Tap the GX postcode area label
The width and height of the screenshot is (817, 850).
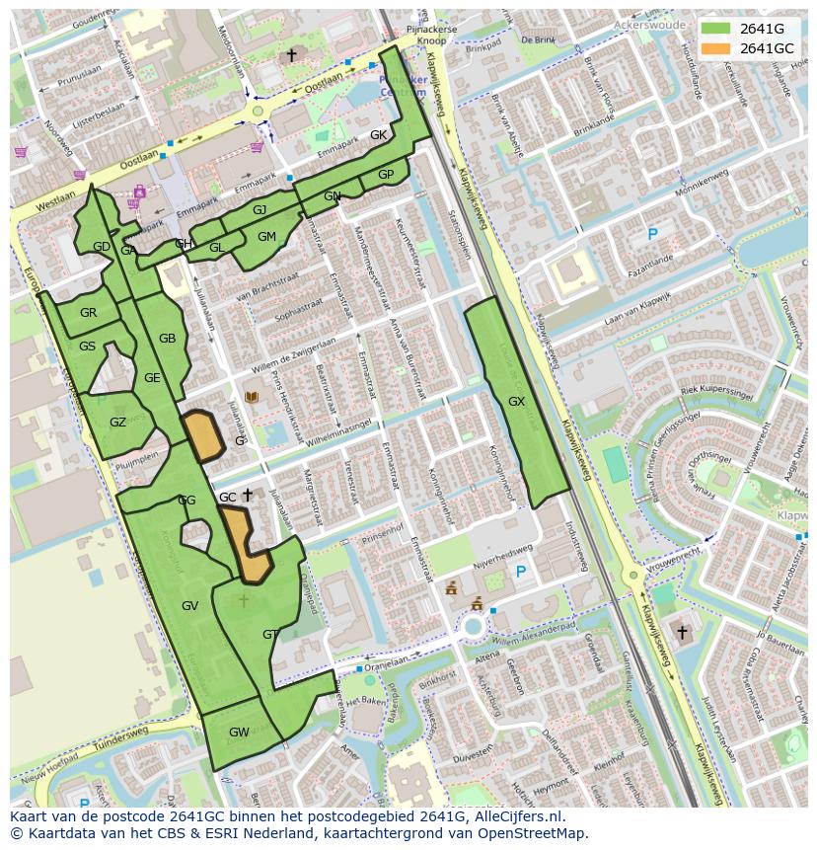point(516,402)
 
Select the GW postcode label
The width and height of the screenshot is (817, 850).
point(239,732)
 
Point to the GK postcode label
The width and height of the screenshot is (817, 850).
point(378,135)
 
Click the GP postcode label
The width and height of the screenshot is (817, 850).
point(386,175)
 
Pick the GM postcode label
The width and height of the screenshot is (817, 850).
point(266,237)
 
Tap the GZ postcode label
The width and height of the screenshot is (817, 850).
point(117,423)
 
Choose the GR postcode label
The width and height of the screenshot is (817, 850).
point(89,313)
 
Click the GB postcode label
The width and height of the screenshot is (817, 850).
point(167,339)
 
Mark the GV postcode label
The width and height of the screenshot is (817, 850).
point(190,605)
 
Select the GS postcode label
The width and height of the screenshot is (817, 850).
point(88,347)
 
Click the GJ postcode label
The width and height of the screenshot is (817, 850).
point(260,209)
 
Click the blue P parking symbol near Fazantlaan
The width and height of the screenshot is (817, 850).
point(651,234)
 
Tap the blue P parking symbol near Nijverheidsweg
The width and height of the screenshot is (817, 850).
point(521,572)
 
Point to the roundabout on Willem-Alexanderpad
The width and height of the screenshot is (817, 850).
point(474,625)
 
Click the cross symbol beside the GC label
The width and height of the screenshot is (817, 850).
point(248,495)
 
